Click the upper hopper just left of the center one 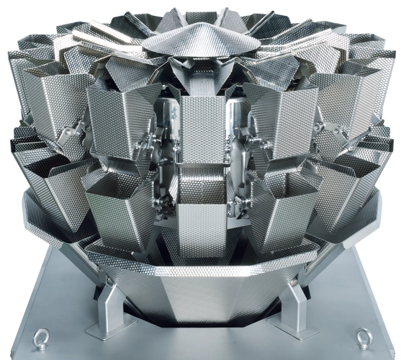coord(122,122)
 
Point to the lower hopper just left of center coord(122,209)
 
